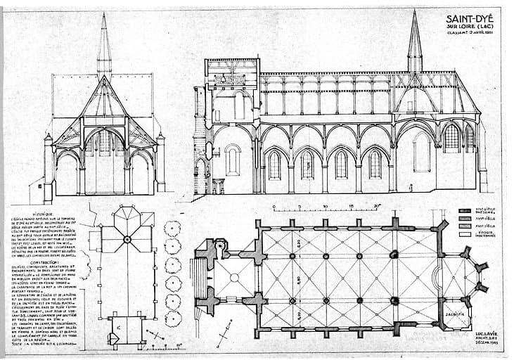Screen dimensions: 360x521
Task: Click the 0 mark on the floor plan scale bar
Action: pyautogui.click(x=276, y=205)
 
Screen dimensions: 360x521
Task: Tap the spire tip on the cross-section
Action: pyautogui.click(x=104, y=15)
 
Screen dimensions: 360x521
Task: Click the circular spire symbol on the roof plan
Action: pyautogui.click(x=127, y=239)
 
